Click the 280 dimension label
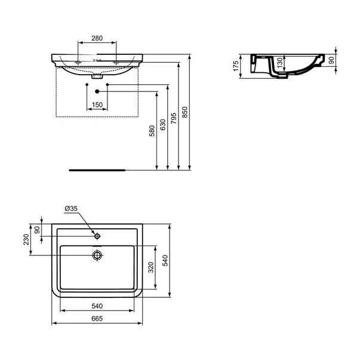(x=97, y=38)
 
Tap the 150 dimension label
(x=97, y=104)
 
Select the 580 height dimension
(x=152, y=131)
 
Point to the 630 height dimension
(x=163, y=125)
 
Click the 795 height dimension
(x=174, y=118)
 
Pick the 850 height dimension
(x=185, y=112)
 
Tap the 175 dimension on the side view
(x=236, y=66)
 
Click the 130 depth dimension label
(x=279, y=63)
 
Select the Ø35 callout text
(x=71, y=208)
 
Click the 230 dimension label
(x=26, y=239)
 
